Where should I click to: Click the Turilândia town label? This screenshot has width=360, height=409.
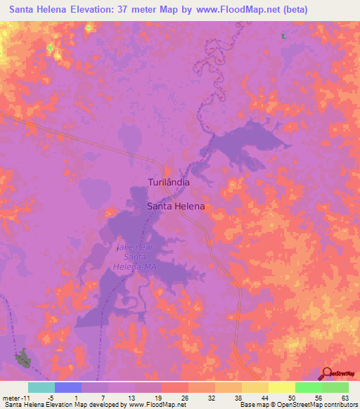click(x=169, y=182)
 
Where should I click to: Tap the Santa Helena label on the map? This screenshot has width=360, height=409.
click(x=176, y=207)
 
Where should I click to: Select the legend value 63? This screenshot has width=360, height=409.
click(x=345, y=397)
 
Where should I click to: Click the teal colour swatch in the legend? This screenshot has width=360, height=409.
click(x=41, y=387)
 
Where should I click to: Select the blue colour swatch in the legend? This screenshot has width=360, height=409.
click(x=67, y=387)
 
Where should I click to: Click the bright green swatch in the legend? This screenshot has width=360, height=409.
click(x=308, y=387)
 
